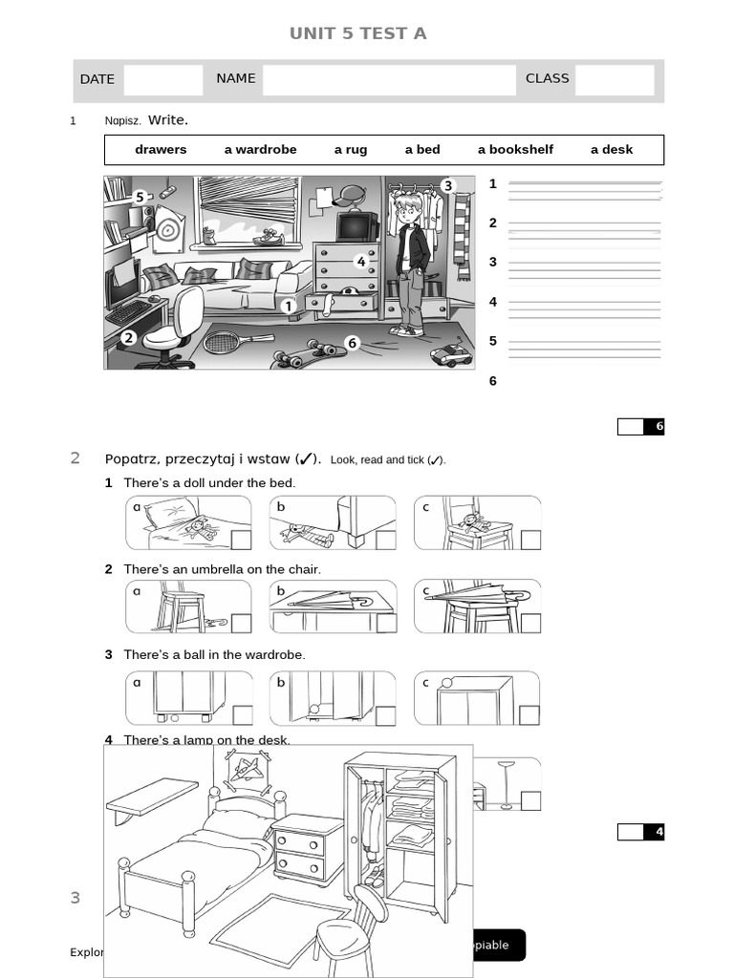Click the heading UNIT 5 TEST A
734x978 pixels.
click(x=357, y=33)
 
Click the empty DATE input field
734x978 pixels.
click(x=162, y=80)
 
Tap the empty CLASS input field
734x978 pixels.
click(x=614, y=80)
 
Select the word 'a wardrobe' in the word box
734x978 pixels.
click(x=260, y=150)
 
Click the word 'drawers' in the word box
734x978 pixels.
click(x=161, y=150)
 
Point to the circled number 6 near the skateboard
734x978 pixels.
click(x=352, y=343)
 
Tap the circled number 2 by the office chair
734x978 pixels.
click(x=128, y=337)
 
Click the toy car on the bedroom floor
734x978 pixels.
click(x=451, y=356)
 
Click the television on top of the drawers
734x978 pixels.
click(x=356, y=226)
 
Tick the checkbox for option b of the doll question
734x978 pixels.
click(x=385, y=540)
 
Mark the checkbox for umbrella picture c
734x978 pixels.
click(x=530, y=624)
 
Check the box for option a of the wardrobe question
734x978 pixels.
click(x=242, y=714)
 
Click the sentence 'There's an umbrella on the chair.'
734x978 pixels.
click(x=222, y=569)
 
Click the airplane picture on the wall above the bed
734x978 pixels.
click(x=248, y=770)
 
